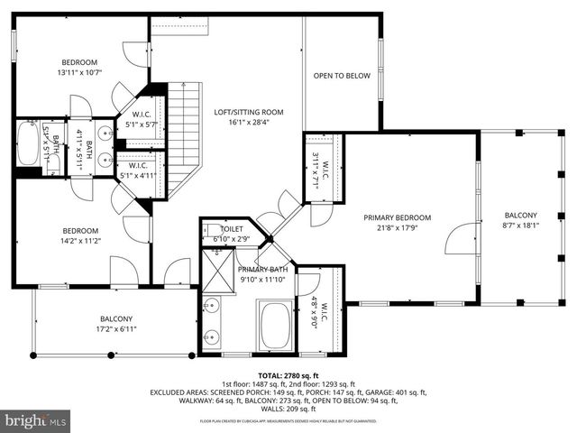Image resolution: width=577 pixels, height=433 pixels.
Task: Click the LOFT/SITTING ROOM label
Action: (248, 113)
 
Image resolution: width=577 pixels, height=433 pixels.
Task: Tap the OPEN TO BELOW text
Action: (342, 76)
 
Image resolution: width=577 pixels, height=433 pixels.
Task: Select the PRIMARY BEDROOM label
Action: (397, 217)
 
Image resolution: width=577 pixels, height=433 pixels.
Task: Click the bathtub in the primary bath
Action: (274, 326)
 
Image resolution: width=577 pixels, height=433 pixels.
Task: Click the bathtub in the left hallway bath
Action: (28, 145)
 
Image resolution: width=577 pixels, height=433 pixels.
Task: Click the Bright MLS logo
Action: (35, 420)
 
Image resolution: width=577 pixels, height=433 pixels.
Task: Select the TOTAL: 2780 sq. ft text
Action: (288, 375)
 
